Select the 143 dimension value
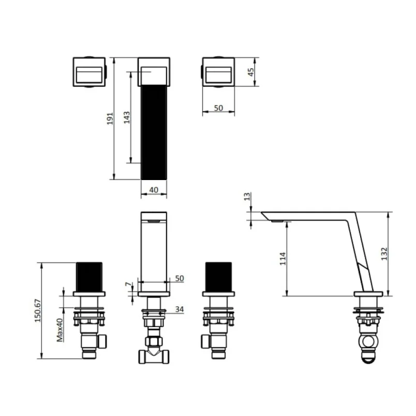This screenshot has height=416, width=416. (x=127, y=118)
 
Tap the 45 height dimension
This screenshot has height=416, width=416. (x=250, y=72)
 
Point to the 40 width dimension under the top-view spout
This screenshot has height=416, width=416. (x=154, y=190)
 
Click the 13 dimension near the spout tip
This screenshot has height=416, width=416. (x=247, y=197)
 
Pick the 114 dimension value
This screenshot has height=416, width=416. (x=283, y=259)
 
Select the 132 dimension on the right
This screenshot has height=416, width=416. (x=383, y=255)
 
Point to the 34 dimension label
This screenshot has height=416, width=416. (x=180, y=309)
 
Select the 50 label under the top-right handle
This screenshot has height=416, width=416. (x=218, y=108)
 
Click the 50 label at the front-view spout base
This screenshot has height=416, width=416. (x=179, y=278)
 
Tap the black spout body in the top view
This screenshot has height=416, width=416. (x=154, y=132)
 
